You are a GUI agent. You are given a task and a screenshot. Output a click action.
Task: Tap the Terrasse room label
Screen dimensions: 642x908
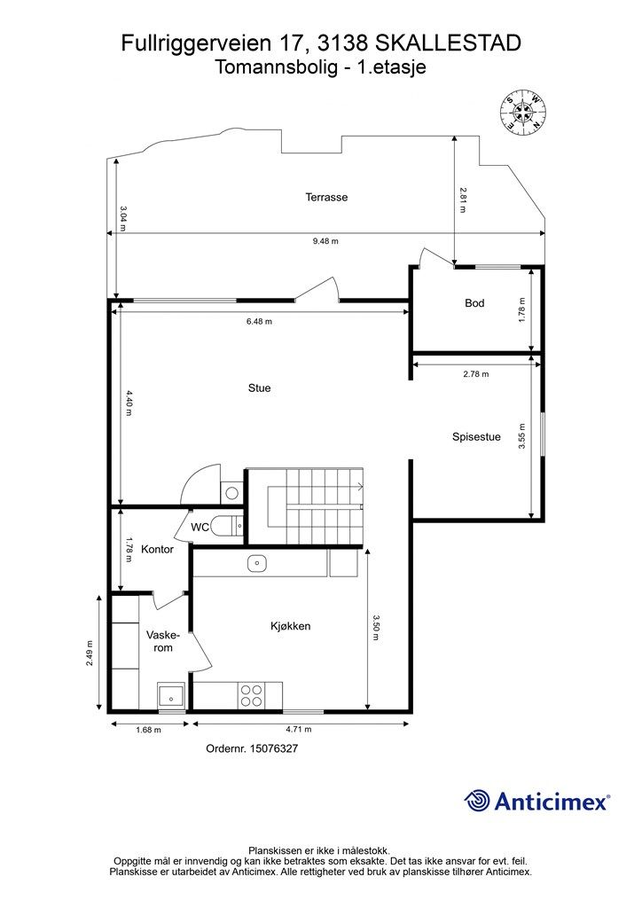click(x=326, y=197)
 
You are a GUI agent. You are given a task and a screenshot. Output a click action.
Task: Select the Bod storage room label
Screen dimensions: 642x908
click(x=474, y=303)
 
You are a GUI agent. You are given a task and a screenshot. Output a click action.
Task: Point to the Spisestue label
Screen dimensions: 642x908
click(x=476, y=437)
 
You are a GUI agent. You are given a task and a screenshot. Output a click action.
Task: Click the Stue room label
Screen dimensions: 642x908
click(x=259, y=388)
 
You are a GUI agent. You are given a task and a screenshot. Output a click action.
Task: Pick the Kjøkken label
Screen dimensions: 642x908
click(x=291, y=626)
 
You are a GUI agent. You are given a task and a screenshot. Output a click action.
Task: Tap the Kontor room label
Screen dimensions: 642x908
click(x=158, y=549)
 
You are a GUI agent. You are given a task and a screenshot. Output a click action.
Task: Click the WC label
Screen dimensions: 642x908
click(x=200, y=528)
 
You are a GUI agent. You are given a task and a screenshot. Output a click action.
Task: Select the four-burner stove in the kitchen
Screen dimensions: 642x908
click(x=251, y=695)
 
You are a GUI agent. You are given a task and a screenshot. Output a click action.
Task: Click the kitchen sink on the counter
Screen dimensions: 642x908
click(x=256, y=563)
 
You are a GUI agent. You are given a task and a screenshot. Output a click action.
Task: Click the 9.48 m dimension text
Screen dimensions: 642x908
click(x=325, y=241)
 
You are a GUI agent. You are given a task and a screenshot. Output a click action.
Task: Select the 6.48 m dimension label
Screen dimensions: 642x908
click(x=259, y=321)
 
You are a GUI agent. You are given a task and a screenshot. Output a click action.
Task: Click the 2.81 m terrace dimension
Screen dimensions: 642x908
click(x=462, y=200)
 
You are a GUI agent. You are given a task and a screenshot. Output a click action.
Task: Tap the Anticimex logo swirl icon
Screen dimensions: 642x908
click(x=478, y=801)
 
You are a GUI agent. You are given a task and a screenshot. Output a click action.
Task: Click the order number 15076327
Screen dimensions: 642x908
click(x=273, y=748)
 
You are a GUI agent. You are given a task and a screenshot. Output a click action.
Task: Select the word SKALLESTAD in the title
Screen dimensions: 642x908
click(x=449, y=43)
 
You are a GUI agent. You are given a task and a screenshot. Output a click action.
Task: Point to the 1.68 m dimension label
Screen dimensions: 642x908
click(x=148, y=730)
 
